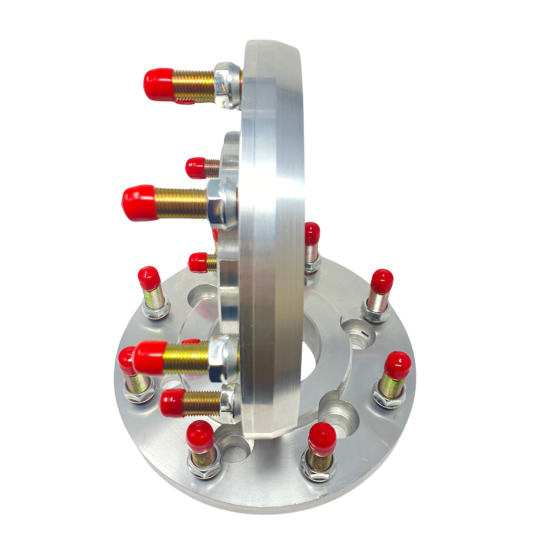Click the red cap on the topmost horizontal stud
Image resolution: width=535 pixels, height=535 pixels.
[x=158, y=84]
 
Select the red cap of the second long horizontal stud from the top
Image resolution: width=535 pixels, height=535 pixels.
[x=139, y=203]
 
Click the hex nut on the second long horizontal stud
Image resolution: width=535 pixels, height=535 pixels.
[x=220, y=203]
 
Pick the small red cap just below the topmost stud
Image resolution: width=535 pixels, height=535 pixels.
[x=196, y=167]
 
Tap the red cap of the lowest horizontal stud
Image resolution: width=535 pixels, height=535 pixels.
[x=172, y=403]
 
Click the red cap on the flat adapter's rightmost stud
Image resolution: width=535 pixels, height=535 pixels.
[x=398, y=366]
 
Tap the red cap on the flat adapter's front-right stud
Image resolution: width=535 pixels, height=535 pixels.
[x=322, y=439]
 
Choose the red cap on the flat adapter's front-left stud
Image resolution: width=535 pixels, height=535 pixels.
[x=200, y=436]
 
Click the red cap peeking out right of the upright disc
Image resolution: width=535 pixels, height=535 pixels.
[x=312, y=233]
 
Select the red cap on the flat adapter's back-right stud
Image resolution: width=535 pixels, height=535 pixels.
[x=381, y=281]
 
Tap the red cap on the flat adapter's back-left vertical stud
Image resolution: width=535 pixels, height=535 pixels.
[x=149, y=278]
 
